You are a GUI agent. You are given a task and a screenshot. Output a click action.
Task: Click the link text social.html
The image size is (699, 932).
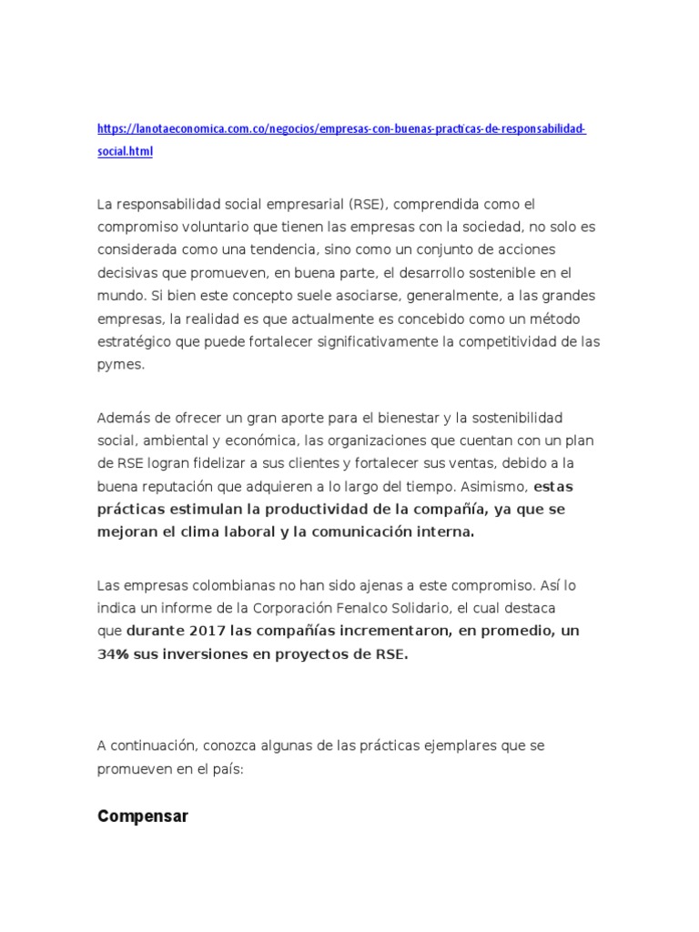pos(125,152)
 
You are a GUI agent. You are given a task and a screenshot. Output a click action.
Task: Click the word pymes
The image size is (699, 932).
pos(120,364)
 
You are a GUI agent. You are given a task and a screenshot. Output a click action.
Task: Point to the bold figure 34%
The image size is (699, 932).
pos(115,654)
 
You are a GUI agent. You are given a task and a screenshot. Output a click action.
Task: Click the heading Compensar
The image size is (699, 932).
pos(143,816)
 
